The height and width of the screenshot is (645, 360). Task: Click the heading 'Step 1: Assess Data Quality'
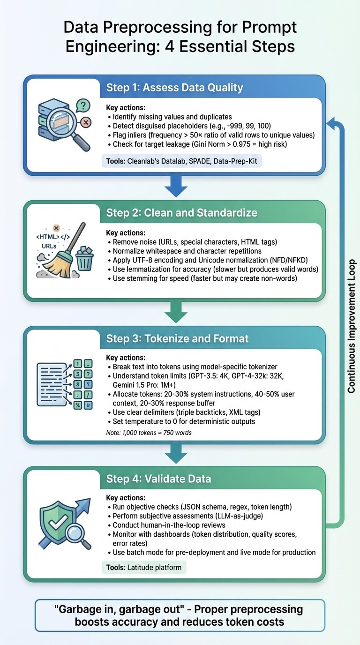(174, 87)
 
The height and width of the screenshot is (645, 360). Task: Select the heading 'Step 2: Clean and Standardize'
(181, 212)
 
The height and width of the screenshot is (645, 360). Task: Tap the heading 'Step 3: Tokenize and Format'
(177, 338)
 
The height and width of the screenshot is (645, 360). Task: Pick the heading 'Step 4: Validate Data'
(158, 479)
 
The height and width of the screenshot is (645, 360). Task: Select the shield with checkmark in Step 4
(54, 522)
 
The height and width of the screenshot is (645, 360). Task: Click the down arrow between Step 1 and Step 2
(176, 187)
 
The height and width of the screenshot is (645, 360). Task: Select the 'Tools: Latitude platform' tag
(144, 568)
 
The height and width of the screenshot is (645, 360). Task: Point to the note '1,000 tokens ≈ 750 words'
(149, 433)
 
